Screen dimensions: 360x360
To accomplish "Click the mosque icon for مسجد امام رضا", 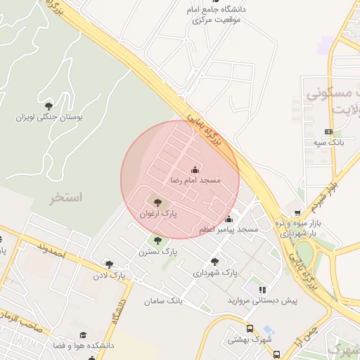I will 195,170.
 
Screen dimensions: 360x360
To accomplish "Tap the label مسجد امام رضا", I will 195,181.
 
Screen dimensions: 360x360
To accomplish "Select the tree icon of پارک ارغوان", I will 157,202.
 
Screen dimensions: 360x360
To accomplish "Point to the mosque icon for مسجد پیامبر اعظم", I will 229,219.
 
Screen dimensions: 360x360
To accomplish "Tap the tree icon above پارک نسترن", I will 157,240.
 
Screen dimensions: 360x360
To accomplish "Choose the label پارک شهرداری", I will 215,271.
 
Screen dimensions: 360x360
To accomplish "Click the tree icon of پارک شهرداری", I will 215,261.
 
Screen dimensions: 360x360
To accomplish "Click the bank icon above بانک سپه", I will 328,131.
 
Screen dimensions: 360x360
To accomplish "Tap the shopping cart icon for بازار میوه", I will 297,212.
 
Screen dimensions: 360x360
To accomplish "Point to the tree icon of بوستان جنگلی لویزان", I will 48,106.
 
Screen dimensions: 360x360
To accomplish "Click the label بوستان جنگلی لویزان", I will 49,117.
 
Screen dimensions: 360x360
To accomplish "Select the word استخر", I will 65,198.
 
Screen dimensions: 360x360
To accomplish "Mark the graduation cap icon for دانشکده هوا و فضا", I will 83,335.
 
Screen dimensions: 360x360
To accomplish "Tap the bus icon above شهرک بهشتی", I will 249,328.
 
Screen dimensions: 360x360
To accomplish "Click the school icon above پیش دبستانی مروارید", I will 262,290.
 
